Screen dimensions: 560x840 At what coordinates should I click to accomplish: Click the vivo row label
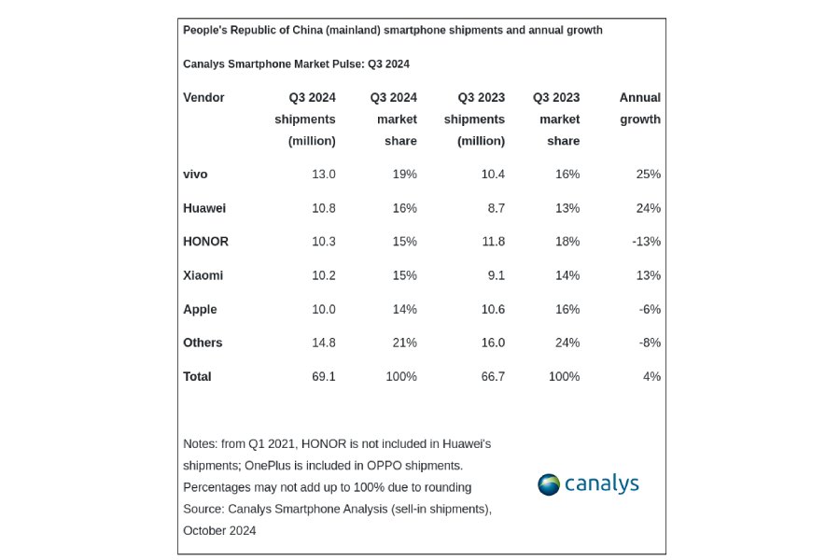pyautogui.click(x=195, y=174)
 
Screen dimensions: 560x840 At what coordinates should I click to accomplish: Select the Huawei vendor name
pyautogui.click(x=204, y=207)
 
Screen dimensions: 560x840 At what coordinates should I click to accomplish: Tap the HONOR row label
pyautogui.click(x=205, y=241)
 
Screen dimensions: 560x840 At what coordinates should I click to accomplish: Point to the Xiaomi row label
pyautogui.click(x=203, y=275)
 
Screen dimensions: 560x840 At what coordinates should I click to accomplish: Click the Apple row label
pyautogui.click(x=200, y=309)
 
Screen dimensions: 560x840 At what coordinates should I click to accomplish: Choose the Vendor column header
pyautogui.click(x=203, y=97)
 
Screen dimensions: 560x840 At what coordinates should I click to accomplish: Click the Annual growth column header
pyautogui.click(x=639, y=108)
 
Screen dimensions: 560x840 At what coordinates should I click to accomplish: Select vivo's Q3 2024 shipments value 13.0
pyautogui.click(x=323, y=174)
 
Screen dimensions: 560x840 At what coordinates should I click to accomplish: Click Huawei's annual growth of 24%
pyautogui.click(x=648, y=207)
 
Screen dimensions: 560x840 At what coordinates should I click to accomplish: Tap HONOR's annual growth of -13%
pyautogui.click(x=645, y=241)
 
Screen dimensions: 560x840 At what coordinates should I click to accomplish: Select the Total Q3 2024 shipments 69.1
pyautogui.click(x=323, y=376)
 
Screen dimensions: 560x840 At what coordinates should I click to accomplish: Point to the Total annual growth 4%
pyautogui.click(x=651, y=376)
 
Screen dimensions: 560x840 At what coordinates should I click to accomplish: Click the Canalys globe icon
pyautogui.click(x=549, y=484)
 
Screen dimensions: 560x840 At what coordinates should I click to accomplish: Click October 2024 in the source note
pyautogui.click(x=219, y=530)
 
